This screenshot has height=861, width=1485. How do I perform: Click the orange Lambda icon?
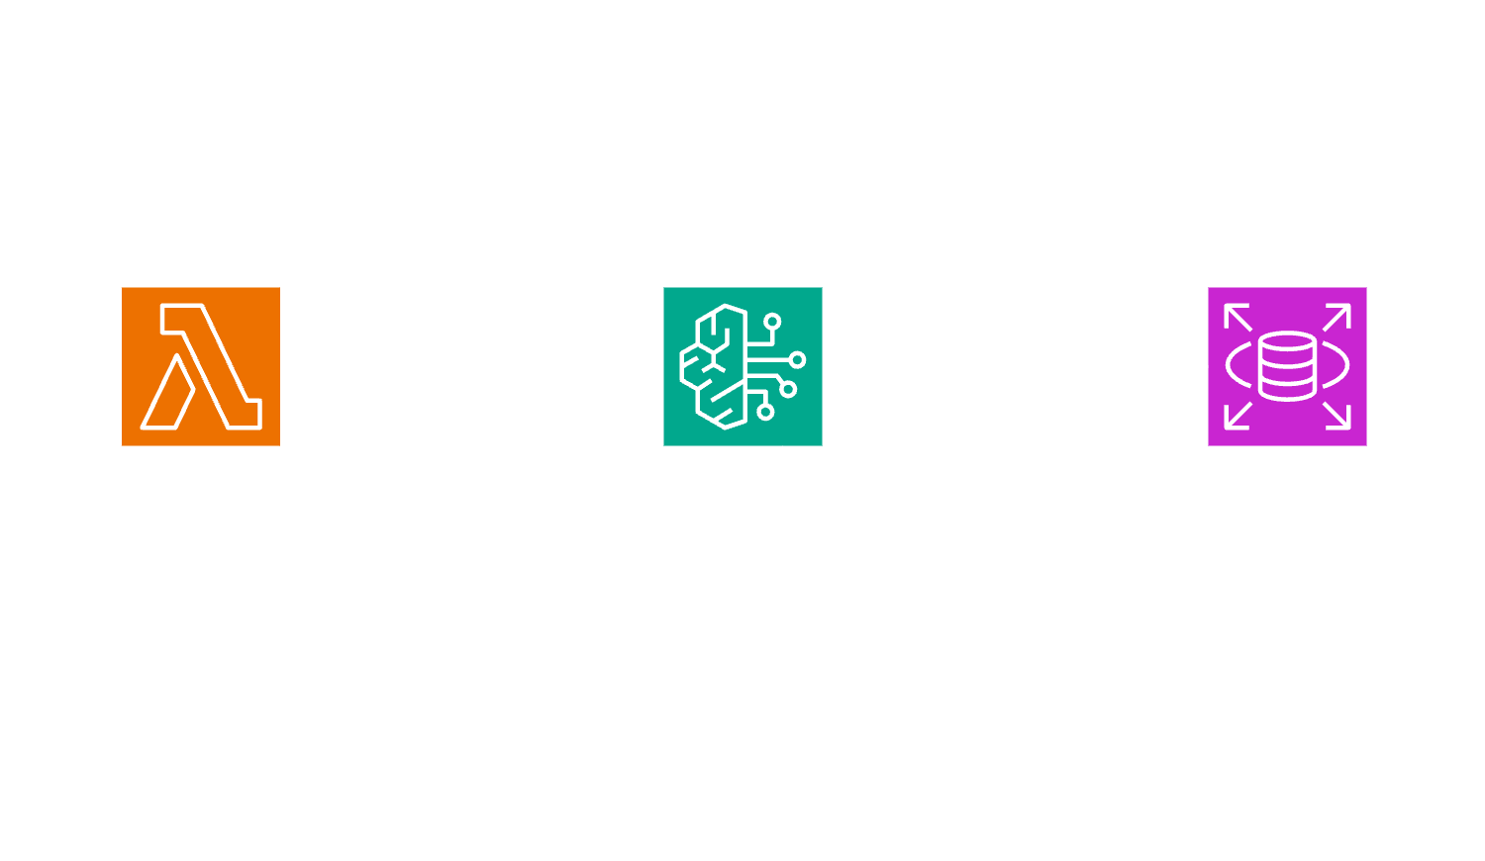tap(200, 366)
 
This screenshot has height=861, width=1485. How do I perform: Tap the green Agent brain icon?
tap(742, 366)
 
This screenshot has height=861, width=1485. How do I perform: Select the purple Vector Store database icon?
tap(1287, 366)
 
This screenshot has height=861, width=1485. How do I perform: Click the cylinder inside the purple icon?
tap(1287, 366)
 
